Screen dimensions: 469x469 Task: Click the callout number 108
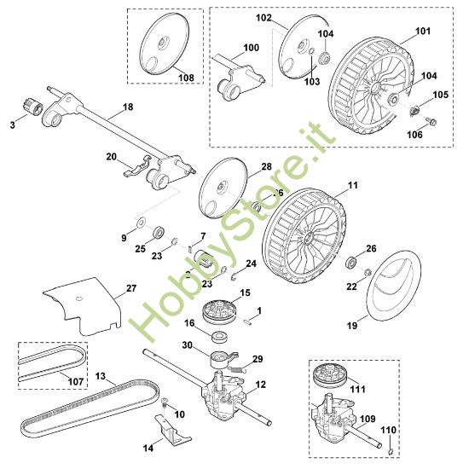point(186,78)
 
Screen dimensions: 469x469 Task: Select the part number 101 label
point(423,32)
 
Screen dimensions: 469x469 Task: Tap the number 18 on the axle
point(129,107)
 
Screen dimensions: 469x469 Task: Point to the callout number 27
point(130,289)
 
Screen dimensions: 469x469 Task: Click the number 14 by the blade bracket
point(148,446)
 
